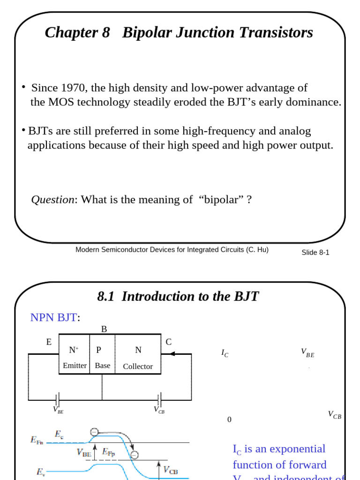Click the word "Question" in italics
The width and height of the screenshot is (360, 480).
coord(52,200)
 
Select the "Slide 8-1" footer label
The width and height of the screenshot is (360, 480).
coord(315,253)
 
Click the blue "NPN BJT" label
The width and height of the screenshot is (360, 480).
coord(53,318)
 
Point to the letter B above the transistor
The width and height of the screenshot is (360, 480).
coord(104,330)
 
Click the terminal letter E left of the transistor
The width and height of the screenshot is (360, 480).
coord(49,342)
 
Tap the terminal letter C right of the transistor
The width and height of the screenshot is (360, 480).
coord(169,342)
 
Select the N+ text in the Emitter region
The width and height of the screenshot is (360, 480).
coord(74,350)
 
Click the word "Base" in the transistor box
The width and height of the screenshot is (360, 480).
coord(103,366)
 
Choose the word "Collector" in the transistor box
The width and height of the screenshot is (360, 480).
coord(138,367)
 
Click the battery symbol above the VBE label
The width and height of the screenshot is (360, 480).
coord(57,400)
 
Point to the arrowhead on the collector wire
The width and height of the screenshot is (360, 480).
coord(172,354)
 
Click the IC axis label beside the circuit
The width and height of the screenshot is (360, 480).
coord(225,353)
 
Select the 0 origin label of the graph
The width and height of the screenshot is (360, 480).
coord(229,420)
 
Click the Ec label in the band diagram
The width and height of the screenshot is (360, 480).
coord(59,434)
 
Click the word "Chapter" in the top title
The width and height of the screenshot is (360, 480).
coord(71,33)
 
